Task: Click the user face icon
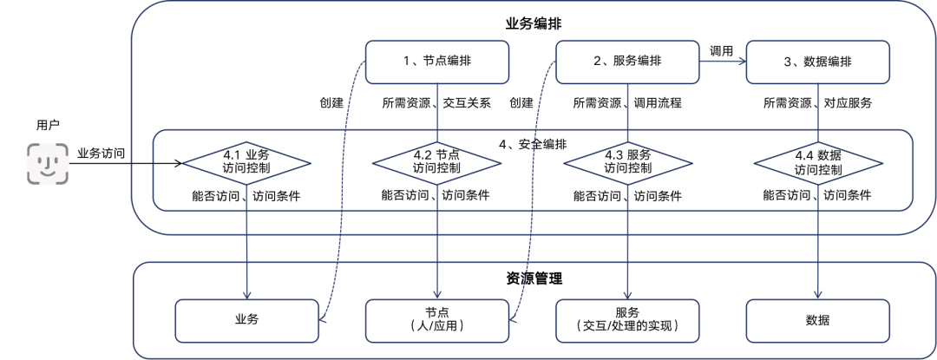[x=48, y=163]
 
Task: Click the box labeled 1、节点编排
[x=437, y=62]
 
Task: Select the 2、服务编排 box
[x=627, y=62]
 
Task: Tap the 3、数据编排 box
[x=818, y=62]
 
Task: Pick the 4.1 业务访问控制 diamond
[x=246, y=162]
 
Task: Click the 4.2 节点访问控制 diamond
[x=436, y=162]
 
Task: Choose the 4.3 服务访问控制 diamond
[x=627, y=162]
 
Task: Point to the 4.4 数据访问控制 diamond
[x=818, y=162]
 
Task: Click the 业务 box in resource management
[x=246, y=321]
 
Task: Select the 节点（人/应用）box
[x=437, y=321]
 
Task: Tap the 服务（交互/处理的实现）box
[x=627, y=321]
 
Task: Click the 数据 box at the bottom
[x=818, y=321]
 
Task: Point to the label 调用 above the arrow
[x=721, y=51]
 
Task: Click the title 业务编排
[x=533, y=24]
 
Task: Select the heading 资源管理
[x=533, y=278]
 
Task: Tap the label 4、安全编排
[x=533, y=144]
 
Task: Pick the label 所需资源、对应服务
[x=817, y=102]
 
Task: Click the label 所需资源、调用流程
[x=627, y=102]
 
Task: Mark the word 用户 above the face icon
[x=48, y=126]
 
